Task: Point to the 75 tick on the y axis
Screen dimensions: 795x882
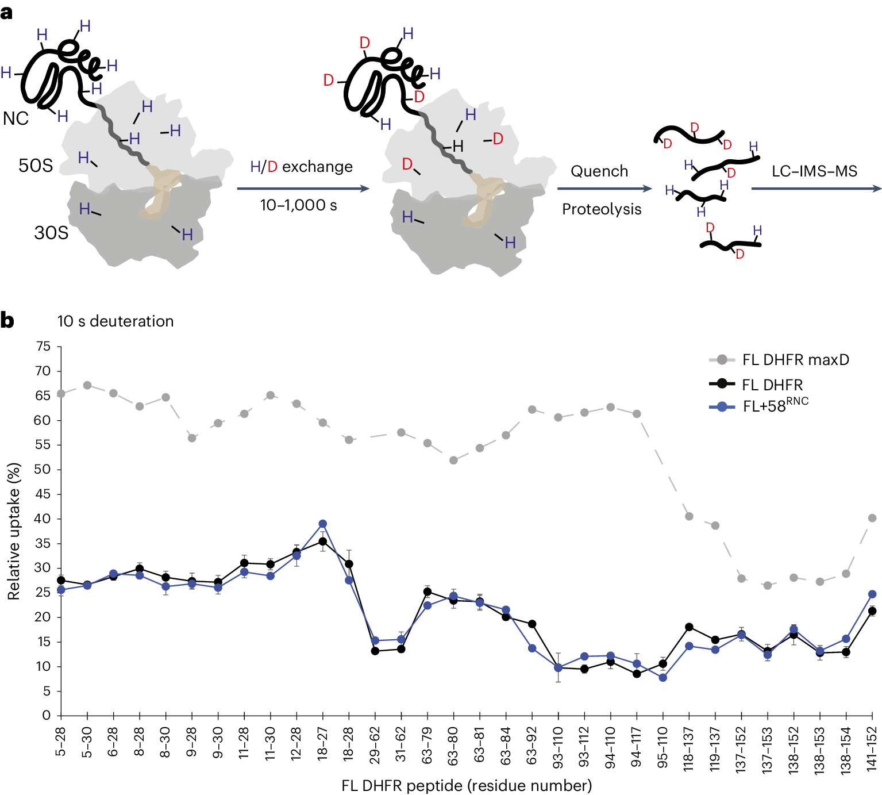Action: point(43,347)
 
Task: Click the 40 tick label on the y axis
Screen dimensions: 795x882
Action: point(43,519)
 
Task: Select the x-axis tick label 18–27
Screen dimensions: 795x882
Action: point(322,743)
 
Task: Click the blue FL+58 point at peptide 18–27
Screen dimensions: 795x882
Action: point(322,524)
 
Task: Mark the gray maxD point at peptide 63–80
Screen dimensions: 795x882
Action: point(453,460)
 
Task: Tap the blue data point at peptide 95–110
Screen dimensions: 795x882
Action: point(663,678)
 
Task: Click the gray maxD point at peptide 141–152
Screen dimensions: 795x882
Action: point(872,518)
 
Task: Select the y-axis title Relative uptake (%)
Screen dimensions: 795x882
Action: point(14,531)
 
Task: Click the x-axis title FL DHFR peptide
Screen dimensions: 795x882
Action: point(466,785)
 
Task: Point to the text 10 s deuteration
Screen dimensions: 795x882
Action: point(115,321)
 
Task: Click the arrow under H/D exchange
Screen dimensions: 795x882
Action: point(303,189)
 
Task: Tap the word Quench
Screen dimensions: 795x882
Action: point(599,171)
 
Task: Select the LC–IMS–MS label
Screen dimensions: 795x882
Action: point(814,171)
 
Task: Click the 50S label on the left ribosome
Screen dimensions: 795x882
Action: point(36,166)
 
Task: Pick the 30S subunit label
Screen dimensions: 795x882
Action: point(51,233)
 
